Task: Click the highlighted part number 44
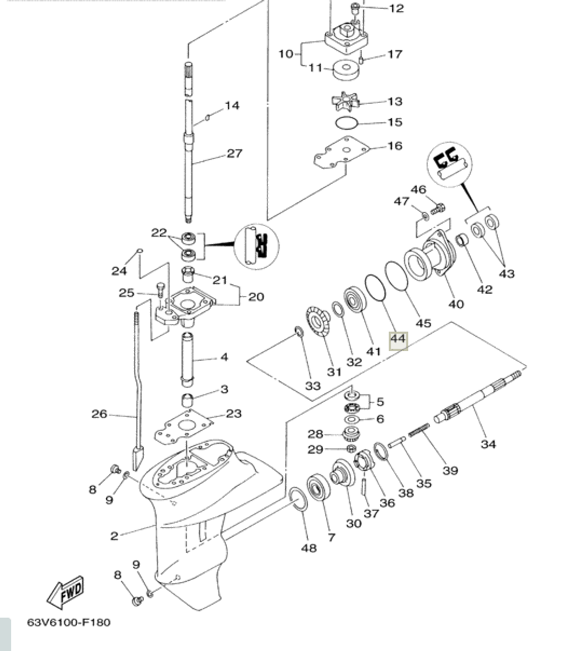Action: coord(398,340)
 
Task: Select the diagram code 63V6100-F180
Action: coord(69,622)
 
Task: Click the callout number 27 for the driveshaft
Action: coord(235,153)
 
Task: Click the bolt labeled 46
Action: coord(438,208)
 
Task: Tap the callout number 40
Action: coord(456,304)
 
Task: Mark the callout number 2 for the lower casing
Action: coord(114,536)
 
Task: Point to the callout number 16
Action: coord(395,146)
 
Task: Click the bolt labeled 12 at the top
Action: coord(355,8)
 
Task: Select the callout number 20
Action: coord(256,297)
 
